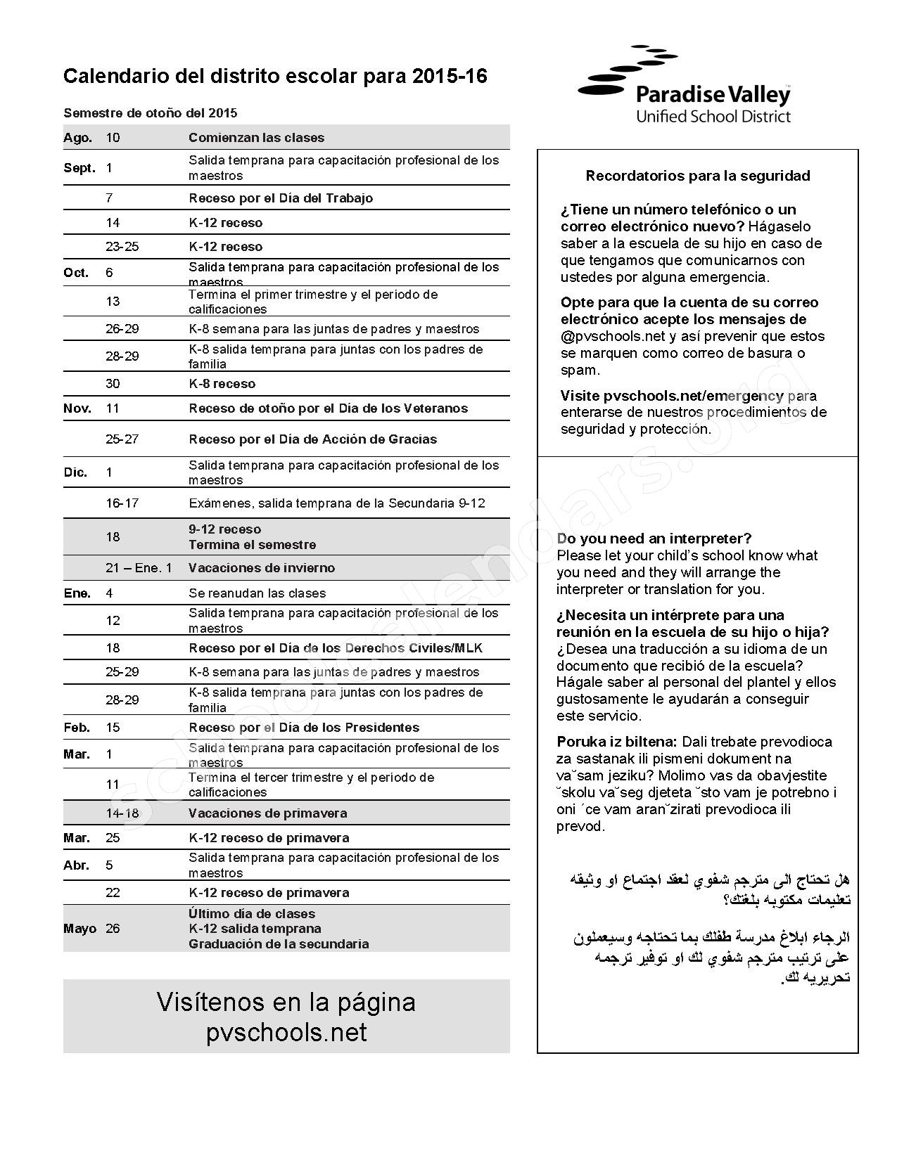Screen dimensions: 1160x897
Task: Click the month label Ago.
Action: click(x=77, y=138)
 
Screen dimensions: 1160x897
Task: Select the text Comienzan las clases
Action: click(x=256, y=138)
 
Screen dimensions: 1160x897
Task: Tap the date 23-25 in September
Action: click(x=122, y=247)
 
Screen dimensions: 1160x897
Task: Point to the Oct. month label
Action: click(x=76, y=273)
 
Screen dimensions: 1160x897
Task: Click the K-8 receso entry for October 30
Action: click(x=222, y=384)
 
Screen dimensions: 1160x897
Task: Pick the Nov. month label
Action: click(x=77, y=408)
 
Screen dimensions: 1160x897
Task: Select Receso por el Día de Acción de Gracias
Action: click(x=312, y=439)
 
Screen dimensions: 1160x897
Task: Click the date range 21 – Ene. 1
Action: click(x=139, y=568)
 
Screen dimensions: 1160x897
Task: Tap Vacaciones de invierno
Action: click(x=261, y=568)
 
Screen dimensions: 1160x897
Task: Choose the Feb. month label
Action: click(x=77, y=728)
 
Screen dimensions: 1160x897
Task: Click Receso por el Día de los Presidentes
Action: click(x=303, y=728)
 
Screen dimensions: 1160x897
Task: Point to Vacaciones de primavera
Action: click(x=267, y=813)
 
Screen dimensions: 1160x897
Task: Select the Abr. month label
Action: click(x=76, y=865)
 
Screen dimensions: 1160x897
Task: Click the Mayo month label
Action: click(x=79, y=929)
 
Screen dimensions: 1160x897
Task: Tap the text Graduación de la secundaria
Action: click(x=278, y=944)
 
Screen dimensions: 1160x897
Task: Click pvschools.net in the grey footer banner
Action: click(x=286, y=1033)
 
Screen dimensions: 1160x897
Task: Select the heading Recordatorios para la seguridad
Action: click(x=697, y=176)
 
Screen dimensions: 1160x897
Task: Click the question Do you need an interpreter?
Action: click(x=654, y=539)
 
